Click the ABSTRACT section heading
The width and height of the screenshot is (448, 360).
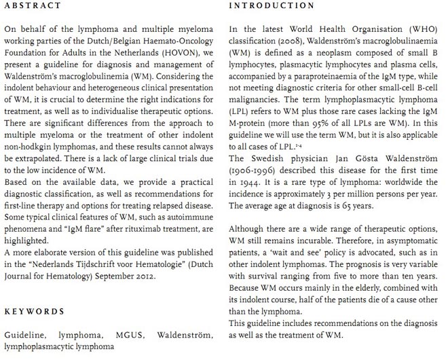[32, 6]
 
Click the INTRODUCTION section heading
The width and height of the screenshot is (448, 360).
[272, 6]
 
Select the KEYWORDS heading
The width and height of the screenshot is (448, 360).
[34, 311]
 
